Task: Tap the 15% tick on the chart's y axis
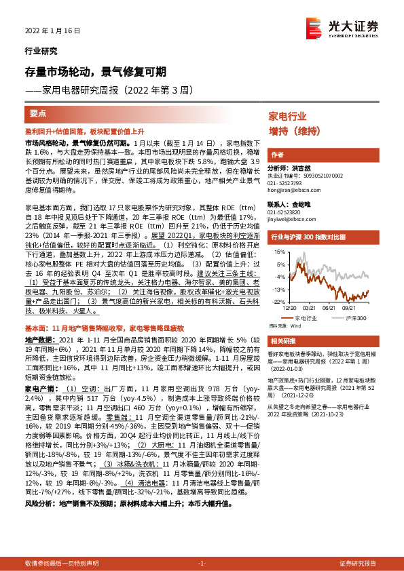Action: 280,252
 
